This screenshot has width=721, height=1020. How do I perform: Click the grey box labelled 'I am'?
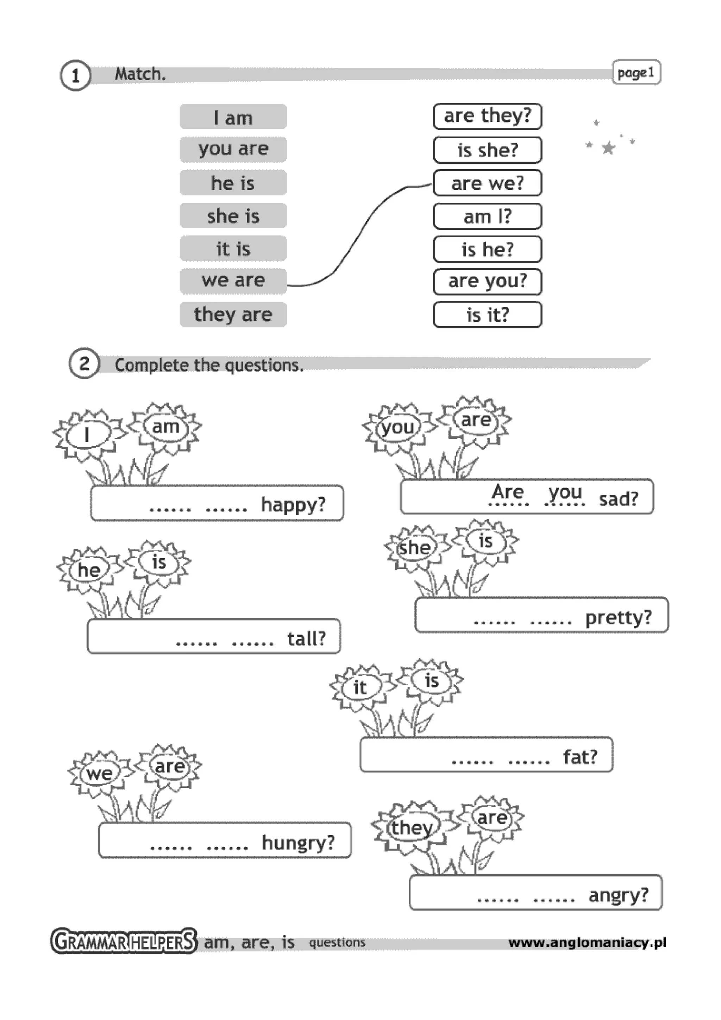233,117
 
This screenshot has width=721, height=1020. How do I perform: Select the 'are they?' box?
487,116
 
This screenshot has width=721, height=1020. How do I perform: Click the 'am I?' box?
487,216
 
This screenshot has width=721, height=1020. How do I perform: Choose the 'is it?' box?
487,315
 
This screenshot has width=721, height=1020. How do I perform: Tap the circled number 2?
83,363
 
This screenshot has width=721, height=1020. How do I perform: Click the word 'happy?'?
293,505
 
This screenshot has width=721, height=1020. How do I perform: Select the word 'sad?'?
619,499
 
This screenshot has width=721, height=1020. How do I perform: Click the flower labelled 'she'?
414,548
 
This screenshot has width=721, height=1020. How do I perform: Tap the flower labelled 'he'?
89,570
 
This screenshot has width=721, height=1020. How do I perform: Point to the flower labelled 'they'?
411,827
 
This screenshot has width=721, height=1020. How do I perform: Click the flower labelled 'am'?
165,427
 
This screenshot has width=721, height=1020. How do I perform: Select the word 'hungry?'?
298,842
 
